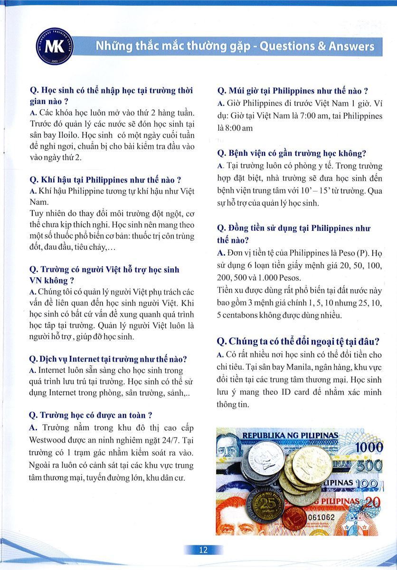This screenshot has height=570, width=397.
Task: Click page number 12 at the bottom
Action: (x=203, y=550)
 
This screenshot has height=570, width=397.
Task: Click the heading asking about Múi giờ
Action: (x=293, y=90)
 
